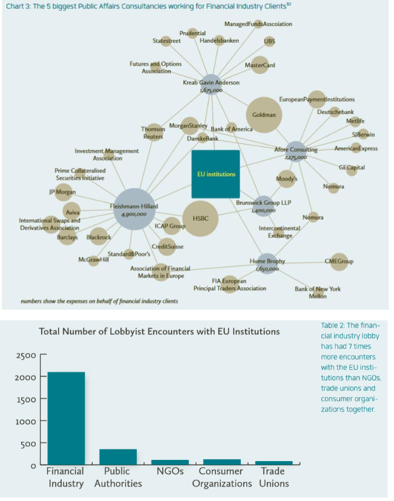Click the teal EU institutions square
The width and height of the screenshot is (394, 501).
(215, 174)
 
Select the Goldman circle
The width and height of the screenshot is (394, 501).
(264, 115)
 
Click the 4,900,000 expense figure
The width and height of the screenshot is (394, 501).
(134, 215)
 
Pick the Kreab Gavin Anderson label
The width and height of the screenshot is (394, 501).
(211, 83)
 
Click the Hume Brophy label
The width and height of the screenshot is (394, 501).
(267, 260)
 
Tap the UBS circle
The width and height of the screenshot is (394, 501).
(270, 41)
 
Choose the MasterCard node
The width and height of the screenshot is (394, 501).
(259, 65)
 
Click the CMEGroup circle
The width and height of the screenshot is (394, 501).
(339, 261)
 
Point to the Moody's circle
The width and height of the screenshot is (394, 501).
(287, 178)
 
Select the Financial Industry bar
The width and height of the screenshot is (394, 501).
(66, 418)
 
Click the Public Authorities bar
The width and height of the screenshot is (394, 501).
(117, 456)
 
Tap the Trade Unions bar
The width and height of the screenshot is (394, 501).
(273, 462)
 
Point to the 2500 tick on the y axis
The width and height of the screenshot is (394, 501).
(29, 355)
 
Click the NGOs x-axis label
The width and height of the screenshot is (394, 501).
(170, 471)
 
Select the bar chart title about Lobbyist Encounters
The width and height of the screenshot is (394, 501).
(159, 332)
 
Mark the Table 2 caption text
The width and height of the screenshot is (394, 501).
(351, 366)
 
